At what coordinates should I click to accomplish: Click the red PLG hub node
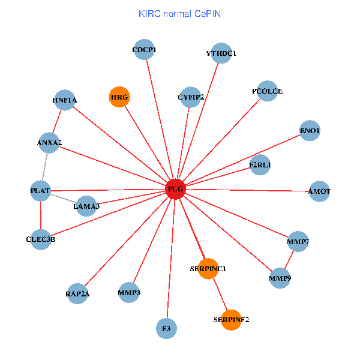click(175, 190)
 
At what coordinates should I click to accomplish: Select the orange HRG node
click(119, 97)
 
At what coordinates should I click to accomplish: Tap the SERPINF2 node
click(231, 320)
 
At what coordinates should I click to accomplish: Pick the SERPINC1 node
click(207, 268)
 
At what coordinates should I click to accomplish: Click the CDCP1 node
click(145, 50)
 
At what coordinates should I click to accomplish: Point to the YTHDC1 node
click(221, 53)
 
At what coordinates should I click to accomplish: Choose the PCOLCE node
click(267, 91)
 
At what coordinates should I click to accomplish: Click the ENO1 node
click(310, 131)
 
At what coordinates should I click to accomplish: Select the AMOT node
click(319, 191)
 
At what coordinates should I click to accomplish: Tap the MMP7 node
click(298, 241)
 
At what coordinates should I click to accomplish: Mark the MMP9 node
click(280, 278)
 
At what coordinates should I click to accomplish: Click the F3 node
click(167, 329)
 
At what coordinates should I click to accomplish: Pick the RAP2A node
click(78, 294)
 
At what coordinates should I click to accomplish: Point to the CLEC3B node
click(41, 239)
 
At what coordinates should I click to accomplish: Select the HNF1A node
click(65, 100)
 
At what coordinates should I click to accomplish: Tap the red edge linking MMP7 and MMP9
click(289, 260)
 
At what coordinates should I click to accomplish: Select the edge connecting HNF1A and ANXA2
click(57, 121)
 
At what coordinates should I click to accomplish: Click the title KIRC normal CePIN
click(179, 13)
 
